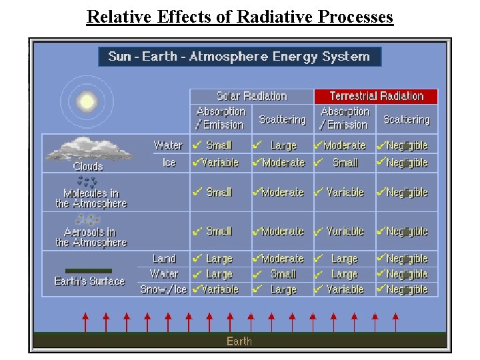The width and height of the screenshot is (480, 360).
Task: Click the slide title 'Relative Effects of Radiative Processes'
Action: [x=240, y=17]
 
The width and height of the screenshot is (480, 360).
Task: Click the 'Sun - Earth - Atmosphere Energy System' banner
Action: [x=239, y=56]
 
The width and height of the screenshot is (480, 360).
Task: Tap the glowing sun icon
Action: [x=86, y=102]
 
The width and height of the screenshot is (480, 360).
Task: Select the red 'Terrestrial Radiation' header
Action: [x=376, y=96]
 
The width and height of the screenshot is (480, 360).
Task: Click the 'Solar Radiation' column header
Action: [x=251, y=96]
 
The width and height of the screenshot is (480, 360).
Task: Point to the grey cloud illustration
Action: [x=88, y=149]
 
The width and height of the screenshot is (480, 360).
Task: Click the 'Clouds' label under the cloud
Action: [x=88, y=167]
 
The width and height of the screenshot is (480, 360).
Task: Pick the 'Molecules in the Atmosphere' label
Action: [x=91, y=198]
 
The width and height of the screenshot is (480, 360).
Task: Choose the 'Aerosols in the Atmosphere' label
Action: [x=91, y=237]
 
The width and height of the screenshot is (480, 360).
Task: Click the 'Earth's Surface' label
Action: [x=89, y=281]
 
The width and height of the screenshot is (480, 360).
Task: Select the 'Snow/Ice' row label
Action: [x=163, y=289]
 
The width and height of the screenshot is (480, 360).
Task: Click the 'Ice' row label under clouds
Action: [x=169, y=163]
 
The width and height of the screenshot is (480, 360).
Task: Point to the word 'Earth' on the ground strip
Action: [x=239, y=341]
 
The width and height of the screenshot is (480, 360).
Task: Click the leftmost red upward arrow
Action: [x=85, y=321]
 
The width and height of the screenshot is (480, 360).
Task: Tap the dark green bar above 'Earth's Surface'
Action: [x=89, y=270]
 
